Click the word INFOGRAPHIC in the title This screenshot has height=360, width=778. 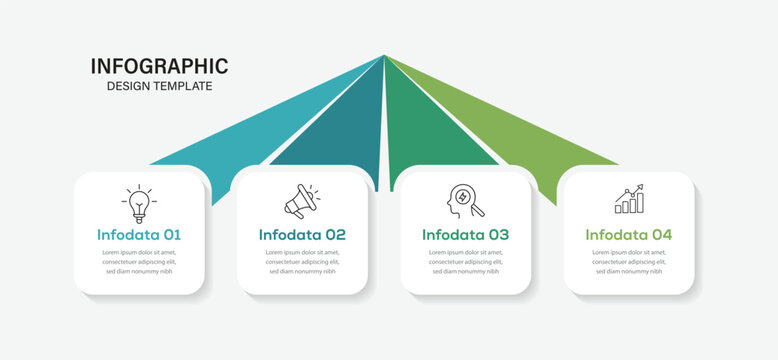coord(159,66)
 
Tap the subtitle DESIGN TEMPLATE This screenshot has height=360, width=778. coord(159,86)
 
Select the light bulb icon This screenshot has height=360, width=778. coord(139,203)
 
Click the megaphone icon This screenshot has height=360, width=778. coord(301,201)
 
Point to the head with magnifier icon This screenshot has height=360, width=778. coord(465,200)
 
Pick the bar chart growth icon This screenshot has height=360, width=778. coord(629,199)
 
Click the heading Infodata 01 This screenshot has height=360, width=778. coord(139,235)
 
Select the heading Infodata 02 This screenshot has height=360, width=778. coord(302,235)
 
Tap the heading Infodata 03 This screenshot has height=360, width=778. coord(465,235)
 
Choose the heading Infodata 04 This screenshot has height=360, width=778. coord(629,235)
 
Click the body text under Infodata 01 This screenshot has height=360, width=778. coord(139,262)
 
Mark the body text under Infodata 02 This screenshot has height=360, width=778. coord(302,262)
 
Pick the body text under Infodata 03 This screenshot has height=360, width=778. coord(465,262)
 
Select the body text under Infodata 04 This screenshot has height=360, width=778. coord(629,262)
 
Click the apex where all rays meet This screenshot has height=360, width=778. coord(384,56)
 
